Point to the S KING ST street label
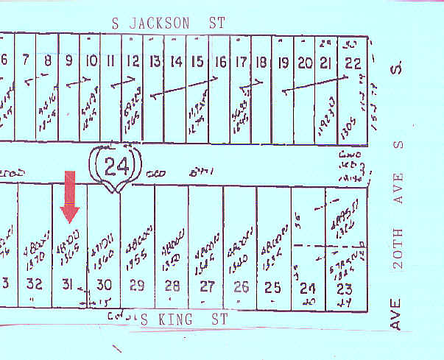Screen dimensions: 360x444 [185, 319]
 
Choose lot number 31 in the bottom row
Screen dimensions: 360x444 [68, 287]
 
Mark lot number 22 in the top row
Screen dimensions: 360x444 [353, 64]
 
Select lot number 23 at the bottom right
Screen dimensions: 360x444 [343, 288]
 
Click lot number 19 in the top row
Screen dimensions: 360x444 [282, 64]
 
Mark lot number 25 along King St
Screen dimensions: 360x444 [272, 287]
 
